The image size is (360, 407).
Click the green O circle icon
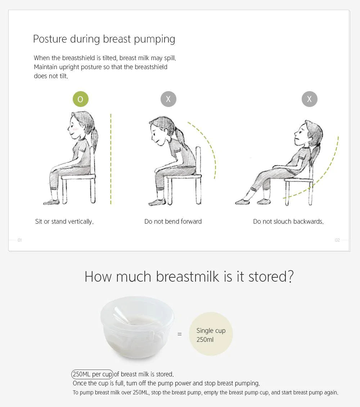(x=80, y=99)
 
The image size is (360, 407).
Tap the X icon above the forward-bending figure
(x=168, y=99)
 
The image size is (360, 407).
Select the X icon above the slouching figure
(x=310, y=99)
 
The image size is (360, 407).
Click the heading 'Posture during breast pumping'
(x=104, y=39)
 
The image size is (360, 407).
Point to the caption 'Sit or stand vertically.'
(x=64, y=222)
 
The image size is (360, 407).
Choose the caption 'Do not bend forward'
(x=173, y=222)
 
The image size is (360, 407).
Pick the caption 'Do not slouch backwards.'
(x=288, y=222)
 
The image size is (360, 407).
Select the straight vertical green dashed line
(x=111, y=159)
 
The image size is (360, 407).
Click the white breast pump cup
(x=138, y=327)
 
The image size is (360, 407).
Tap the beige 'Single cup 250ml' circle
(x=211, y=334)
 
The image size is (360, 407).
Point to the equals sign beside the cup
(x=180, y=334)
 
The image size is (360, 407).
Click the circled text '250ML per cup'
(x=92, y=374)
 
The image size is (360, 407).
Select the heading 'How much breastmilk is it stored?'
(x=189, y=277)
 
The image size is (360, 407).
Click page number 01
(x=20, y=240)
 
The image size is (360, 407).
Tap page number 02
(x=337, y=240)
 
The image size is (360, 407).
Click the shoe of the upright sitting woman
(x=51, y=202)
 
